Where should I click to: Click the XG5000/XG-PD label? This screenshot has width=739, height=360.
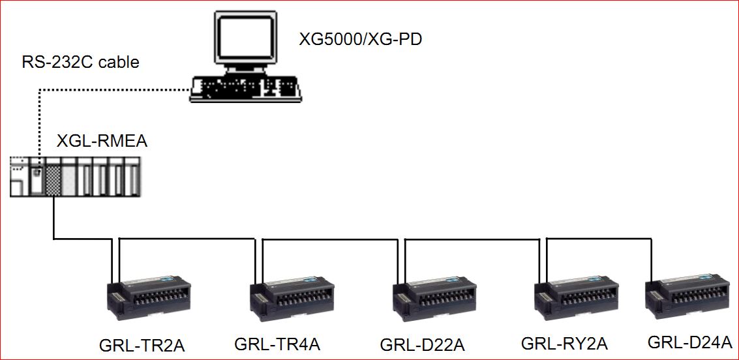tap(360, 39)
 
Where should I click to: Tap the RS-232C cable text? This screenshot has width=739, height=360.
tap(81, 63)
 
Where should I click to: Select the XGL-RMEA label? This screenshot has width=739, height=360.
tap(102, 142)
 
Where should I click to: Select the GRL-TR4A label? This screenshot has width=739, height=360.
tap(277, 343)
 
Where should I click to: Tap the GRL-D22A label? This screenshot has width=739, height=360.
tap(422, 344)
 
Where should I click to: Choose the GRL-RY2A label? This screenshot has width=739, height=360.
tap(564, 343)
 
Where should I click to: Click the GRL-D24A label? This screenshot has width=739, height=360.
tap(690, 342)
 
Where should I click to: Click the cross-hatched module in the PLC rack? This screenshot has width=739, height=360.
tap(53, 178)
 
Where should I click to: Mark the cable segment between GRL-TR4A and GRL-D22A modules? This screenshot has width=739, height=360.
tap(329, 239)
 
